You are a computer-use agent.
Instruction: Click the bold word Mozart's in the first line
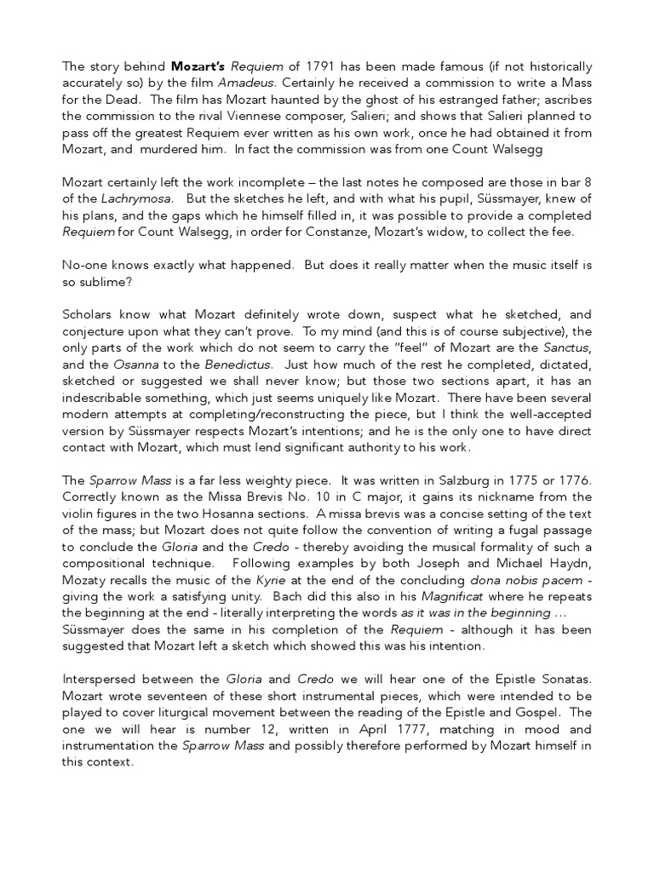click(x=199, y=66)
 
